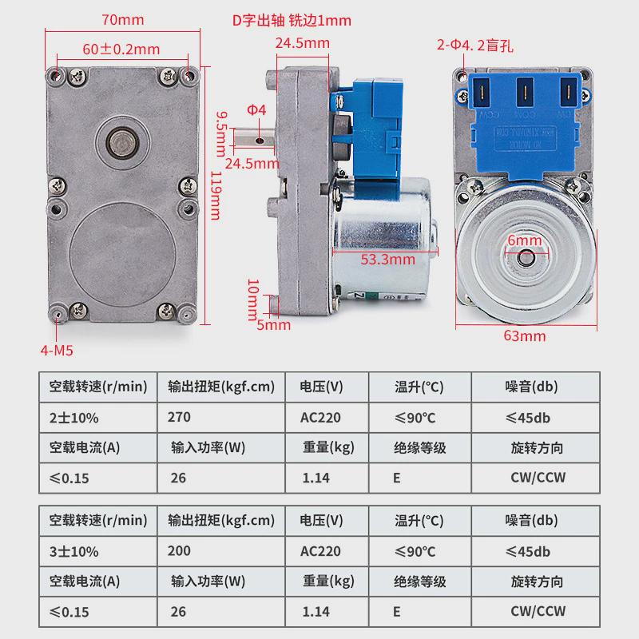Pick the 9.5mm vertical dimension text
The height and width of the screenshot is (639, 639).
[x=221, y=133]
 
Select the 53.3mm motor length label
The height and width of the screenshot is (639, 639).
[x=387, y=259]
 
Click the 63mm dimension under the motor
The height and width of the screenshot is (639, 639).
[x=525, y=335]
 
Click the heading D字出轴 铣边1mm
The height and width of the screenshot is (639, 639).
[x=292, y=21]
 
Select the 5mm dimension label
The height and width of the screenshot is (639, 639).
[x=274, y=325]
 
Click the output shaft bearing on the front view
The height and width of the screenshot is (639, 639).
[x=122, y=145]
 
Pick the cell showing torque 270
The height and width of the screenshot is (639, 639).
[x=181, y=417]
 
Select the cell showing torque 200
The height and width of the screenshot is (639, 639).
[x=181, y=551]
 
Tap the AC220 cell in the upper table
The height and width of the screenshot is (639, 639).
[x=321, y=417]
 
